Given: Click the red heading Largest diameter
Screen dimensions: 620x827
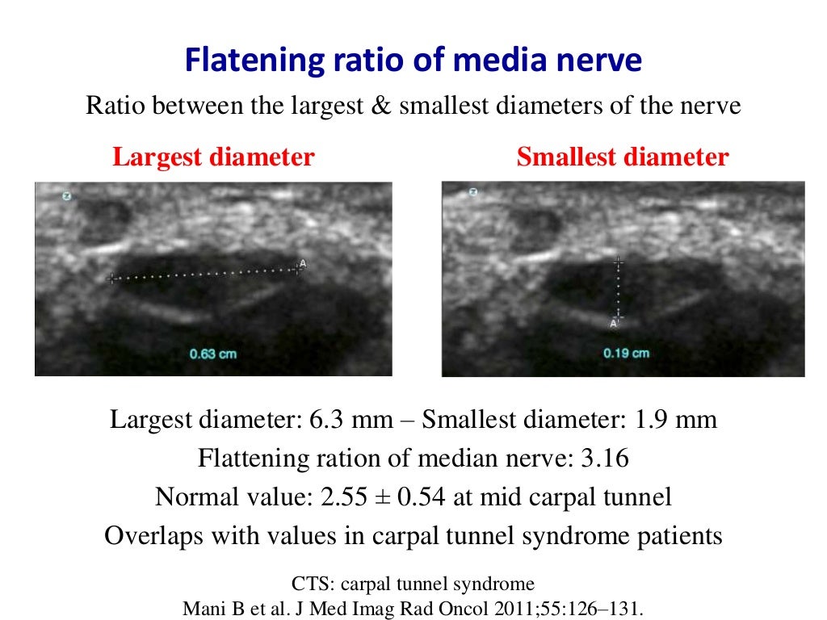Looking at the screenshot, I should (x=213, y=157).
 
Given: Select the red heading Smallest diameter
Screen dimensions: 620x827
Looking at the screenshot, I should (x=622, y=157).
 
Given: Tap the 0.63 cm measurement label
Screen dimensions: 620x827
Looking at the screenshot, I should (x=213, y=354).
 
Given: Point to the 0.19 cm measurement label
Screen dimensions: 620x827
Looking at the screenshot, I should (x=626, y=353).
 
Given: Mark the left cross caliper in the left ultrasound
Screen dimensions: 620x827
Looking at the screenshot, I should (x=111, y=279).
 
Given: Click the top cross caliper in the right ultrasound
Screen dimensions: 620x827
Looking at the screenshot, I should (x=618, y=263).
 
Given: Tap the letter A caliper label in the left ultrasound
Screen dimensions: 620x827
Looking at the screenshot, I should (x=303, y=263).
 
